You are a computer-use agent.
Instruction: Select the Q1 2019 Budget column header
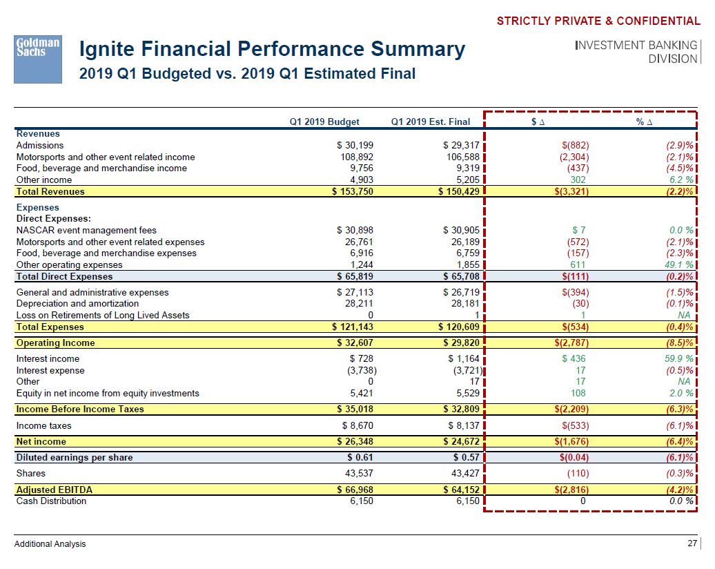click(x=324, y=122)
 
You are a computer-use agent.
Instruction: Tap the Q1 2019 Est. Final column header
click(x=430, y=122)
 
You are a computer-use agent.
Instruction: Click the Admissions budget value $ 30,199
click(x=354, y=145)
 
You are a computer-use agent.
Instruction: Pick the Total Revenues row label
click(x=50, y=192)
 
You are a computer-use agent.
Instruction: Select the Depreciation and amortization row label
click(x=77, y=303)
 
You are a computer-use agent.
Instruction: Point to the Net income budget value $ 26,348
click(x=355, y=441)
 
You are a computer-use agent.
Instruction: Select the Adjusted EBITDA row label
click(x=54, y=490)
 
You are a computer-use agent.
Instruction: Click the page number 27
click(x=692, y=543)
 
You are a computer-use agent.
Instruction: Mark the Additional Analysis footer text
click(x=50, y=544)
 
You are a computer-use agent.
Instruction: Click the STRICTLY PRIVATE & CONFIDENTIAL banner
click(x=598, y=21)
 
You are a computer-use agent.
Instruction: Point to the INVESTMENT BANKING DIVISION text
click(x=636, y=52)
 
